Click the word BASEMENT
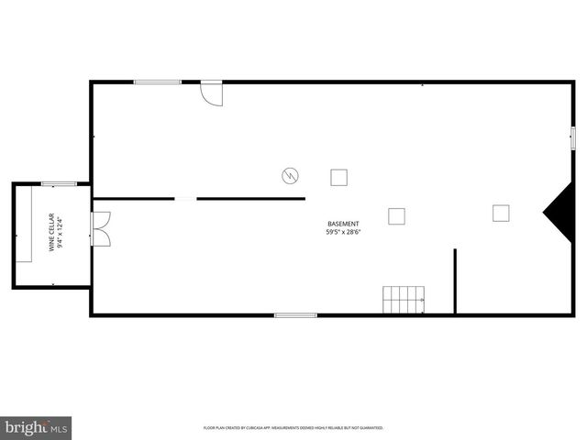click(343, 224)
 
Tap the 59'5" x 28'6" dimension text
click(343, 233)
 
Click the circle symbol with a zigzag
click(290, 174)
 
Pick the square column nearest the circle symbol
click(339, 177)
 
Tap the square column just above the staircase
click(396, 216)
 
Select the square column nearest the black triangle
click(501, 213)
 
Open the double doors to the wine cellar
click(100, 228)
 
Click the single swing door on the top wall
click(212, 93)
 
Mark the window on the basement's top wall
click(157, 82)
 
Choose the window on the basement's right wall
click(572, 137)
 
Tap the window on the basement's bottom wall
click(295, 315)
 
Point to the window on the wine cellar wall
click(59, 184)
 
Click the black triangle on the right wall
click(557, 213)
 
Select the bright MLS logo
click(37, 427)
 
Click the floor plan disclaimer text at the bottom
click(293, 428)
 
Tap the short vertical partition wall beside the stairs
click(455, 280)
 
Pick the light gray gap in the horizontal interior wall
click(185, 198)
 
